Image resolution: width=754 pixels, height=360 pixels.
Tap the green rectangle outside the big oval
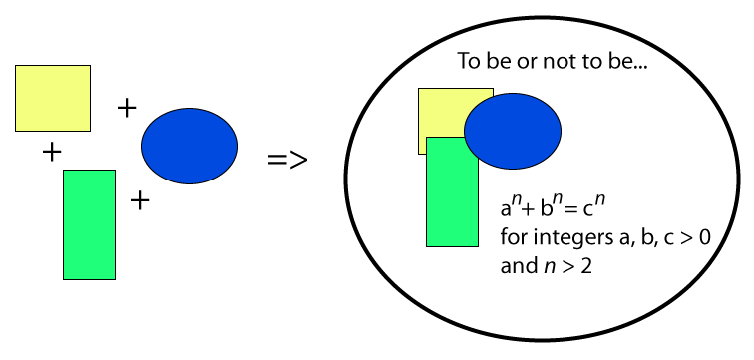click(x=89, y=224)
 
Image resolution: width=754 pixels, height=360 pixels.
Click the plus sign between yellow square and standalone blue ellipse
click(x=127, y=107)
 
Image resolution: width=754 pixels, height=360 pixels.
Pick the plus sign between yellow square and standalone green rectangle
click(x=50, y=152)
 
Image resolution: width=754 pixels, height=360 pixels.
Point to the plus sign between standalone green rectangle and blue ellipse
click(x=140, y=201)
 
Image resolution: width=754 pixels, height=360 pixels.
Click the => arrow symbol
click(x=287, y=160)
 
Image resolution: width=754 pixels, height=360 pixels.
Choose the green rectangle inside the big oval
click(x=452, y=199)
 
